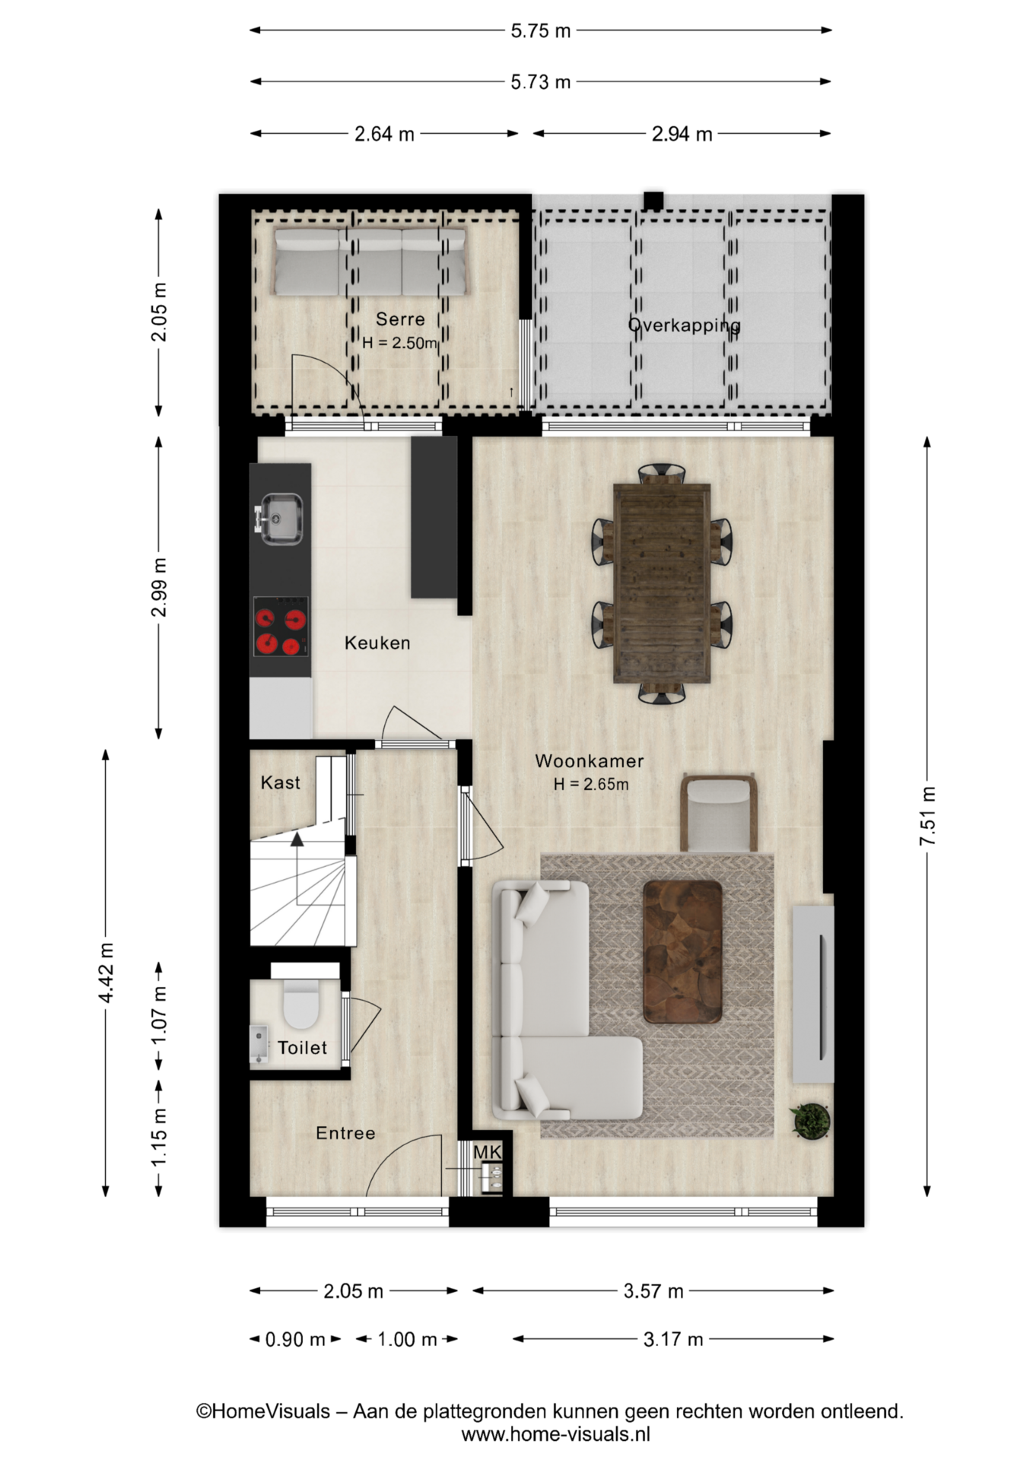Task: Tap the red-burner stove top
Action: click(x=281, y=626)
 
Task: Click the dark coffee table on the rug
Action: click(x=682, y=952)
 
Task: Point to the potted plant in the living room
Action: click(x=810, y=1121)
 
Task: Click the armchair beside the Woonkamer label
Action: click(x=719, y=812)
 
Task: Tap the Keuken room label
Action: click(x=377, y=643)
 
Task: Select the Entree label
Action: click(x=345, y=1133)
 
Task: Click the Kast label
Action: click(x=280, y=782)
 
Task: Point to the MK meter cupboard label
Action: click(x=487, y=1152)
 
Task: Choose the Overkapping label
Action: click(x=684, y=325)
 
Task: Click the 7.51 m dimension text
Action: click(x=927, y=816)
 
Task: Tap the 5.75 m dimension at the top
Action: click(x=540, y=31)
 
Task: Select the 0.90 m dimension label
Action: click(x=295, y=1339)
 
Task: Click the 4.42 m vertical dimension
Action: click(x=106, y=973)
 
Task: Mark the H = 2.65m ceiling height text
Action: click(x=591, y=784)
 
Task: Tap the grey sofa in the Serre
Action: click(x=370, y=262)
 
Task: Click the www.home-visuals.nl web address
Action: click(x=555, y=1434)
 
